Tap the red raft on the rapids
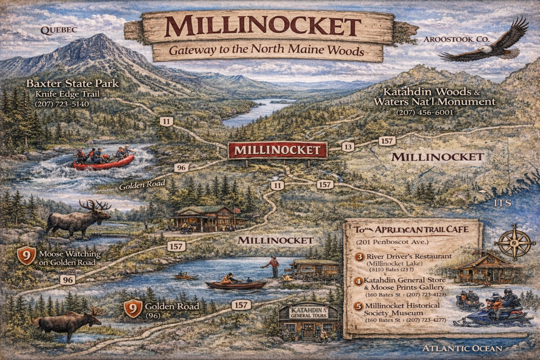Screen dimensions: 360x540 pyautogui.click(x=103, y=161)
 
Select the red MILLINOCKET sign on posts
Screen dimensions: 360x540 pyautogui.click(x=277, y=150)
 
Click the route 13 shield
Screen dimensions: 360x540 pyautogui.click(x=348, y=147)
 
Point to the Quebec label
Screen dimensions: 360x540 pyautogui.click(x=59, y=30)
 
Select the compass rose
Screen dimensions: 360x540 pyautogui.click(x=515, y=243)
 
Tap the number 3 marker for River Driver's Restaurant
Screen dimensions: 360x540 pyautogui.click(x=359, y=257)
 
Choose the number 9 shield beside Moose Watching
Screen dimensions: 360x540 pyautogui.click(x=26, y=256)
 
